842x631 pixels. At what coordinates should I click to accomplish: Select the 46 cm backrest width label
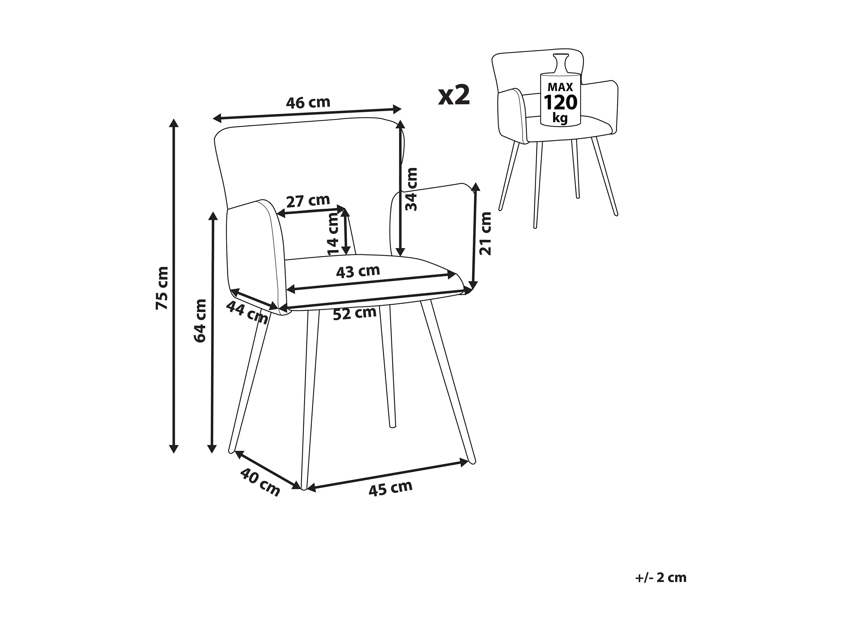(x=308, y=103)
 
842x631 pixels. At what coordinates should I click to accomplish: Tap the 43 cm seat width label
(x=358, y=271)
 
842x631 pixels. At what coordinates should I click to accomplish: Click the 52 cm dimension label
(x=355, y=313)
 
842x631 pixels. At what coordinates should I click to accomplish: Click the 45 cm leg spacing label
(x=390, y=488)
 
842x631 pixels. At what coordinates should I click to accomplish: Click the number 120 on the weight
(x=560, y=103)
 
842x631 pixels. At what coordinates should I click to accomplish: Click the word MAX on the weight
(x=560, y=87)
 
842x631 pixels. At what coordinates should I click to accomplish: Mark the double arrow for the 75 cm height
(x=174, y=285)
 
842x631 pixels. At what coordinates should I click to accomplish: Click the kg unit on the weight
(x=560, y=118)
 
